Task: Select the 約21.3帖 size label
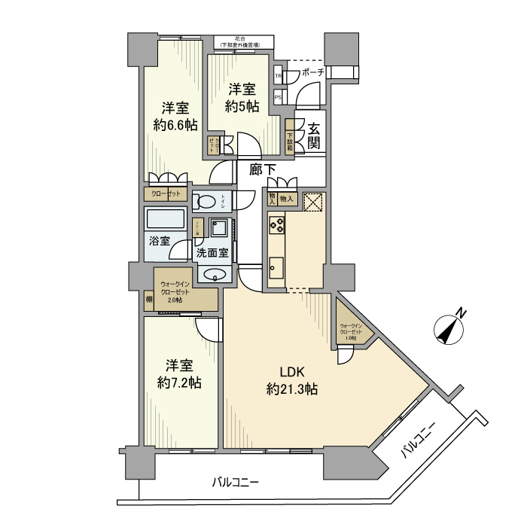click(x=291, y=389)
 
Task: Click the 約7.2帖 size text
click(x=179, y=382)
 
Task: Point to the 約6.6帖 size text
click(x=175, y=125)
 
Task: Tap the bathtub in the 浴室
click(x=166, y=220)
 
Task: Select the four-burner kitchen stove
click(x=276, y=224)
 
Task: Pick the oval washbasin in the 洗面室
click(x=215, y=275)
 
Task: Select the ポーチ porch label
click(x=312, y=73)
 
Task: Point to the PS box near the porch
click(x=279, y=97)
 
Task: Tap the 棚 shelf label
click(x=149, y=300)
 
